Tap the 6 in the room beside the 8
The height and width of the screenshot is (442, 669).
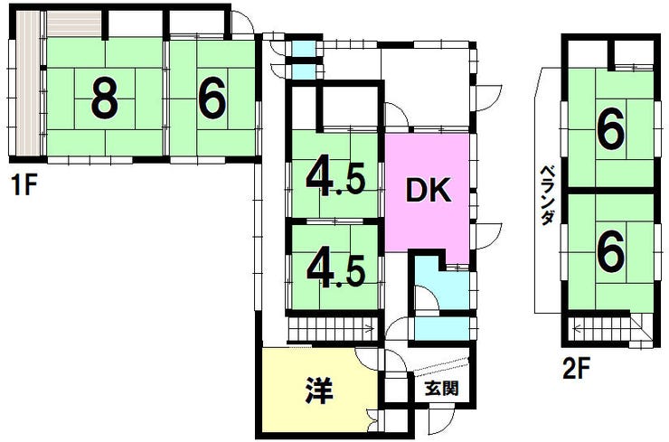click(212, 99)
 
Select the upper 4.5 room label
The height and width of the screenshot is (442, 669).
click(335, 179)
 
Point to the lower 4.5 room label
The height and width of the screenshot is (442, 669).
click(335, 266)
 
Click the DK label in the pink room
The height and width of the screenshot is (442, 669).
click(426, 191)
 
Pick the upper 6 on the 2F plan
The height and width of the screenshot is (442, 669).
click(611, 134)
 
